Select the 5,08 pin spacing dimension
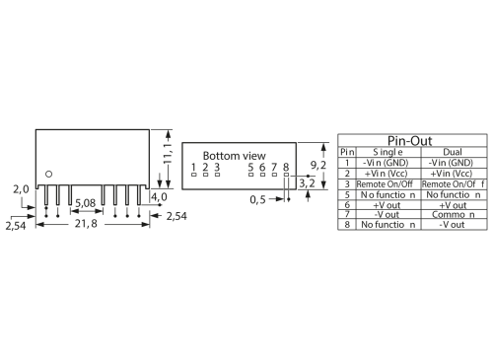click(86, 203)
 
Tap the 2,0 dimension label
click(20, 188)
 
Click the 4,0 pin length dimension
click(158, 197)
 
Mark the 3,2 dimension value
click(306, 182)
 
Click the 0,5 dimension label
click(257, 199)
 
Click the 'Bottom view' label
click(234, 156)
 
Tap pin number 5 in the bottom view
click(251, 168)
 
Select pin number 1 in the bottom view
click(194, 168)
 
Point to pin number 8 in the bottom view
click(286, 168)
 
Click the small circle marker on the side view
click(44, 176)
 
